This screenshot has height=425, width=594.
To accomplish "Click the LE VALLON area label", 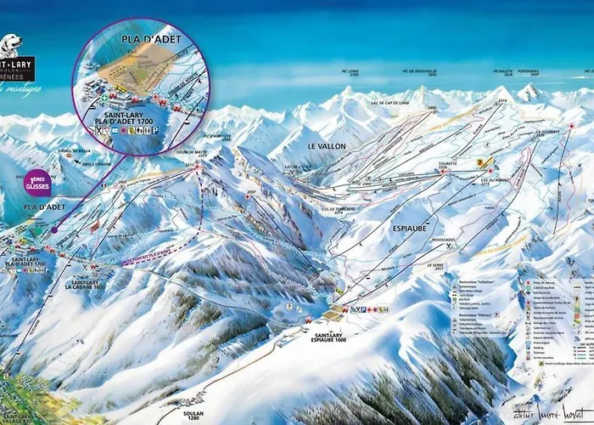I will pos(327,146).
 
